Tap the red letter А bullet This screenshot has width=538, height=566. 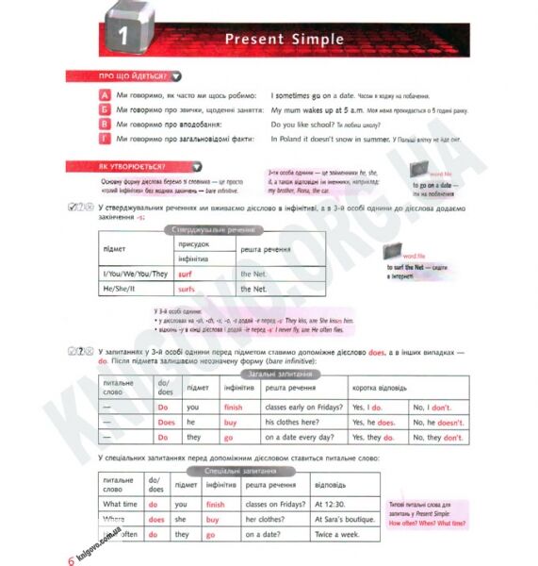pyautogui.click(x=104, y=96)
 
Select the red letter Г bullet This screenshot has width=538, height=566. pyautogui.click(x=104, y=138)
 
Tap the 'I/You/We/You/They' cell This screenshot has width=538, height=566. pyautogui.click(x=135, y=274)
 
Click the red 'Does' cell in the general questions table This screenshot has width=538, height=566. pyautogui.click(x=166, y=424)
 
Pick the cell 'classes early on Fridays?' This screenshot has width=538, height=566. pyautogui.click(x=302, y=408)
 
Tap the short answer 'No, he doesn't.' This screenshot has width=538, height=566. pyautogui.click(x=438, y=424)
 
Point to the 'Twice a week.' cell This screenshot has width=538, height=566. pyautogui.click(x=336, y=535)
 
